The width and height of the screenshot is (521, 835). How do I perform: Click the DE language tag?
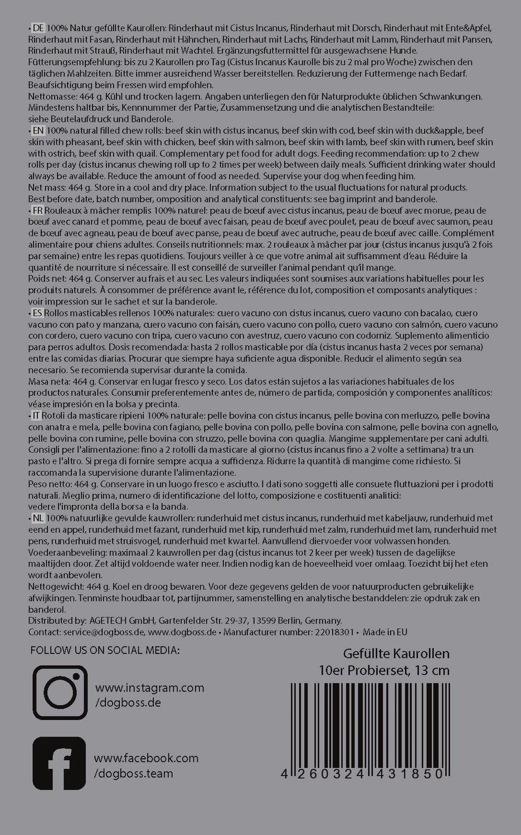coord(38,28)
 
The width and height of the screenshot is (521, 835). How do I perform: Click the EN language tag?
coord(38,130)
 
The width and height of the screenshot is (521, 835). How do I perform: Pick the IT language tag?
coord(37,416)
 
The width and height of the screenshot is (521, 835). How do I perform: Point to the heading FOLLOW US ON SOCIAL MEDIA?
coord(105,650)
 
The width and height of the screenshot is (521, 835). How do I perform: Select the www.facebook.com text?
coord(146,758)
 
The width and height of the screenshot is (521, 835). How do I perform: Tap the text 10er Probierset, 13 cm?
coord(384,670)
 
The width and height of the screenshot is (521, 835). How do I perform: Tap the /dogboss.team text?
coord(134,773)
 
